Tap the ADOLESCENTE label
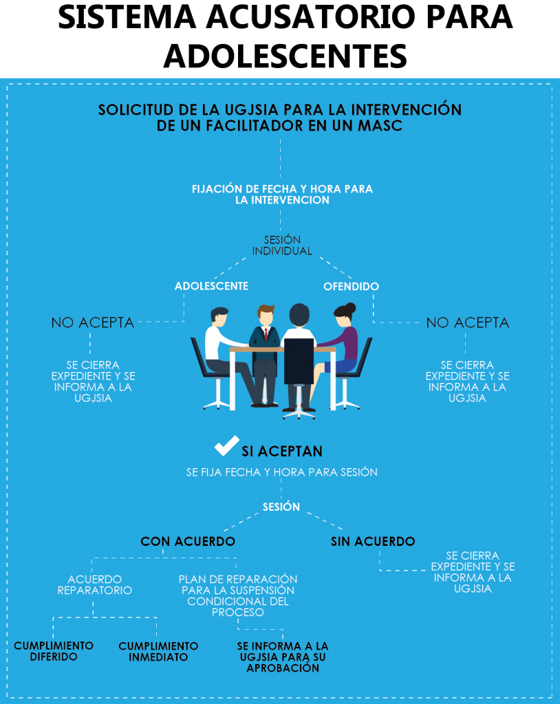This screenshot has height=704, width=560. click(x=211, y=286)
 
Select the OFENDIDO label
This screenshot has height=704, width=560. click(x=351, y=286)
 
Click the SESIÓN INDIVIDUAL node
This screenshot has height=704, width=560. click(x=282, y=245)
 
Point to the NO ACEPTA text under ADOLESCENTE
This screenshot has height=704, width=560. click(x=93, y=322)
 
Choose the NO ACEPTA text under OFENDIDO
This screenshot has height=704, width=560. click(x=468, y=322)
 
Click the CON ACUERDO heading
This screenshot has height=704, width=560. click(x=188, y=542)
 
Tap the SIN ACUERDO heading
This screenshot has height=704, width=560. click(x=373, y=542)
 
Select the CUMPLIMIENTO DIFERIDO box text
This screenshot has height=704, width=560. click(x=54, y=651)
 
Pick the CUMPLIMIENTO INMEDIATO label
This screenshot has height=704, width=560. click(x=158, y=651)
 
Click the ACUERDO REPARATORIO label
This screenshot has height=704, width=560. click(x=95, y=584)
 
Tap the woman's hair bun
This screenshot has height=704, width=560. click(x=350, y=307)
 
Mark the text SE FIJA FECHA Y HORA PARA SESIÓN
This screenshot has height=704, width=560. click(x=282, y=473)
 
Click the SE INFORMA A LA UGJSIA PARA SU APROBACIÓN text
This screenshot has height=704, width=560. click(x=283, y=657)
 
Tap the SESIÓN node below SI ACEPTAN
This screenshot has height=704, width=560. click(x=281, y=507)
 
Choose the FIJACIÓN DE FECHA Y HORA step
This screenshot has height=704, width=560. click(x=282, y=194)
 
